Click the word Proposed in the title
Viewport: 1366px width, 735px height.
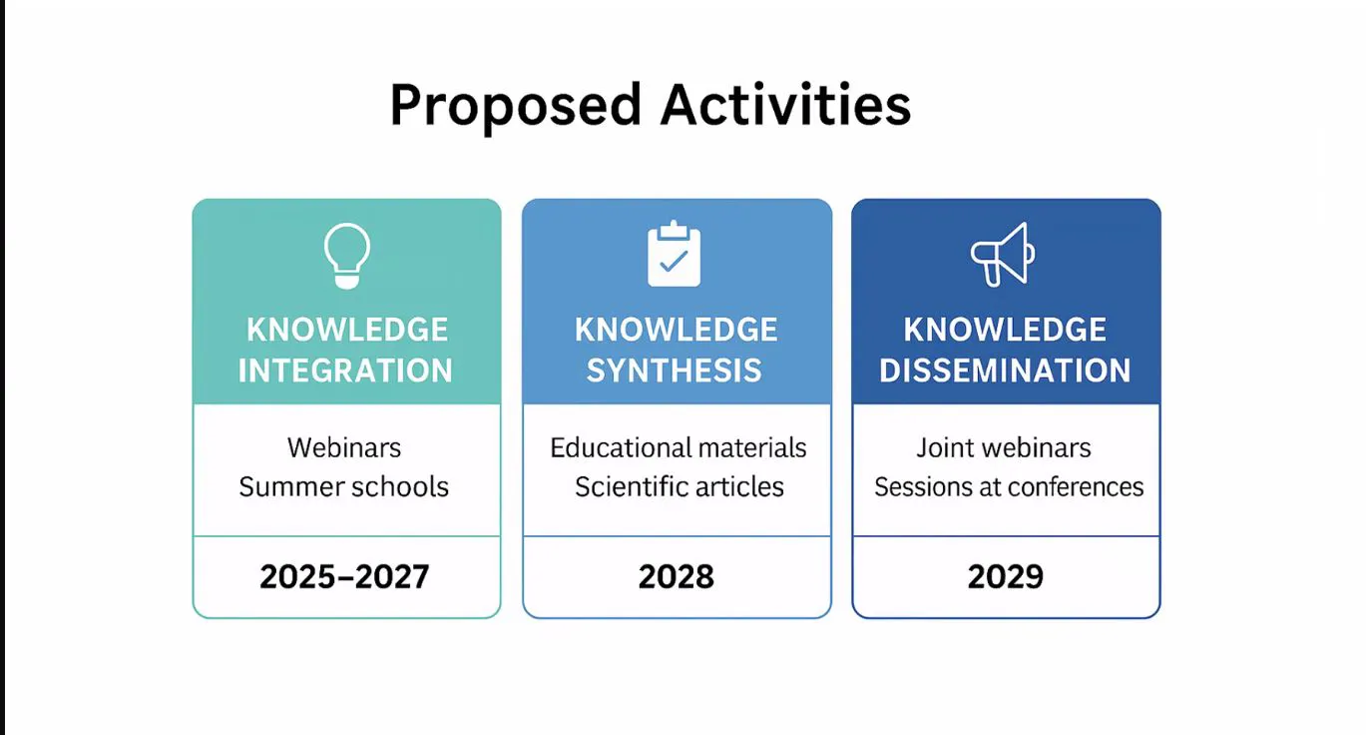516,106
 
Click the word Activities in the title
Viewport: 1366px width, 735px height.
785,105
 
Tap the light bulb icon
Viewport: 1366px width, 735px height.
347,256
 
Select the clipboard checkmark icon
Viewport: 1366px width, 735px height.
674,254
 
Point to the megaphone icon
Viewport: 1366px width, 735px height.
1003,255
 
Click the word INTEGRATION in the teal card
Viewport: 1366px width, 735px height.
346,369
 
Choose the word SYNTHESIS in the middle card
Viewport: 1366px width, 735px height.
675,369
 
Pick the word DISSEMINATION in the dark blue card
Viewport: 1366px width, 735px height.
1005,369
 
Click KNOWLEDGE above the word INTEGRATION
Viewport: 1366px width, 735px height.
347,330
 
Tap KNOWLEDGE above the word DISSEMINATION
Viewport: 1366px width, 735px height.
1005,330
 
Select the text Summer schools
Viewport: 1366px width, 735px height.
344,487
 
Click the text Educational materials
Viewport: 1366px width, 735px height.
679,448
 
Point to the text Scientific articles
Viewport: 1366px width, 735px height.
680,487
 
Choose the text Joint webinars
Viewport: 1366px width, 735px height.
1004,448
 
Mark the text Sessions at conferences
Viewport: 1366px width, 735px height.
1009,487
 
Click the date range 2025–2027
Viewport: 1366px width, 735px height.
344,577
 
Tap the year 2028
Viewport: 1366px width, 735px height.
676,577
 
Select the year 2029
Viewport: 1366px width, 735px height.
1006,577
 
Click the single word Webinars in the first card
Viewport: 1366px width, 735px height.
344,448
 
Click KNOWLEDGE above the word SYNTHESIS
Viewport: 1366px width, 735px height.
676,330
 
